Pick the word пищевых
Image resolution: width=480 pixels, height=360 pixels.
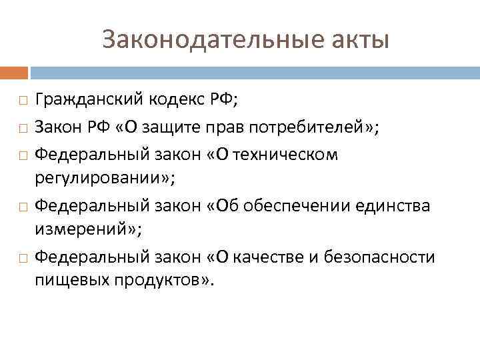click(x=67, y=281)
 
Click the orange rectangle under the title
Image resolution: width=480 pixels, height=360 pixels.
click(x=14, y=71)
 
